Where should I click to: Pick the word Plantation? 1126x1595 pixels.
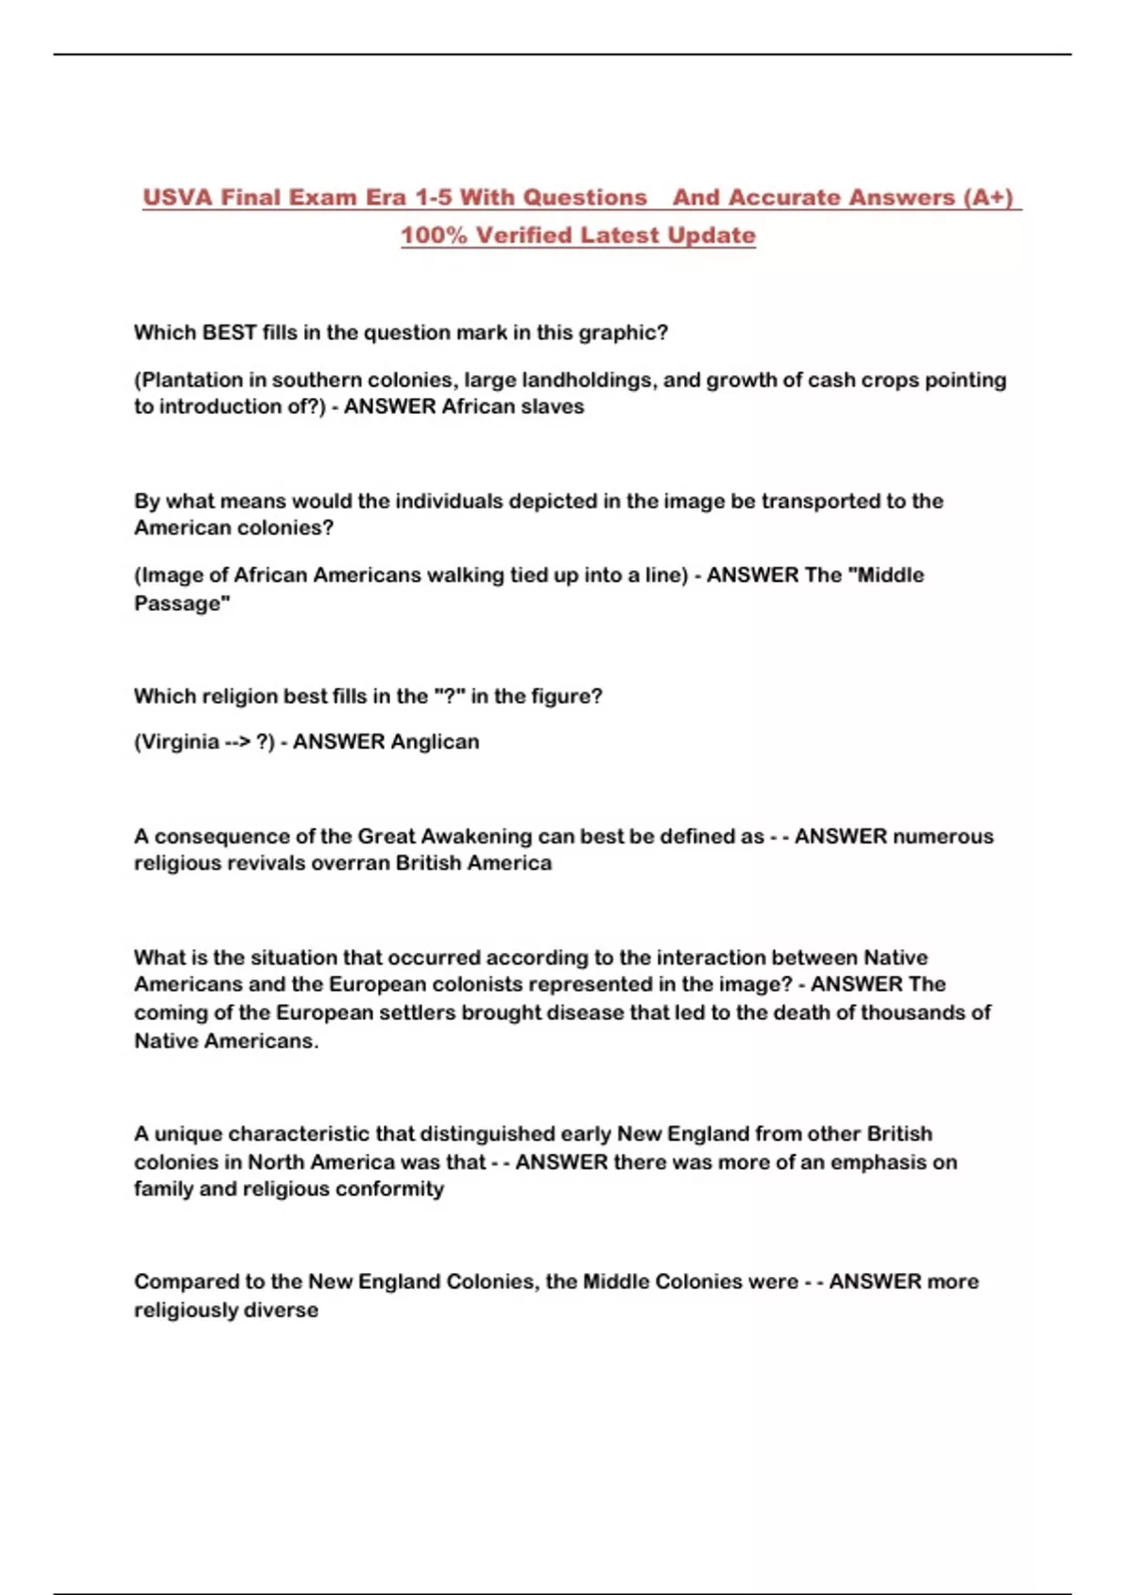[191, 380]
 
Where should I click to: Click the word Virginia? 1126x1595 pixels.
[179, 742]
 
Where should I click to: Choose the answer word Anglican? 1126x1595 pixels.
[434, 742]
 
